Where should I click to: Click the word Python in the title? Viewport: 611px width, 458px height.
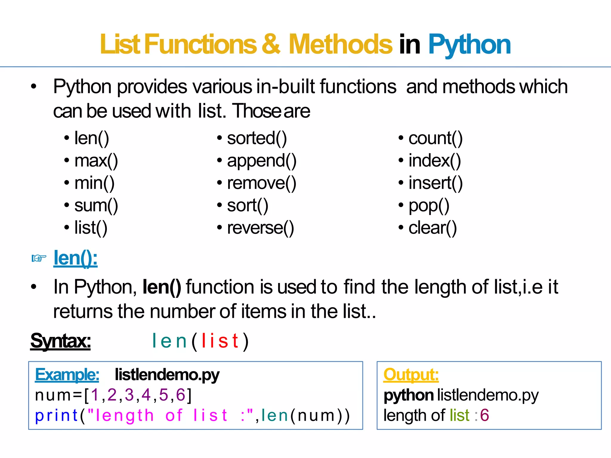coord(469,45)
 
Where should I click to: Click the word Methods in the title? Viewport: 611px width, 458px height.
coord(340,45)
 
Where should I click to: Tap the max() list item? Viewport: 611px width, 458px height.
coord(96,161)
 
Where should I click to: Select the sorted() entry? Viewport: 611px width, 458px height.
coord(257,138)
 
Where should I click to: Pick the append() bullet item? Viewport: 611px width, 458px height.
coord(262,161)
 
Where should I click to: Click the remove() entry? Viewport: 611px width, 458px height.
coord(262,183)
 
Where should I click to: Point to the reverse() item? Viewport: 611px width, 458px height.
coord(260,228)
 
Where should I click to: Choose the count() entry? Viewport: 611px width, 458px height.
coord(435,138)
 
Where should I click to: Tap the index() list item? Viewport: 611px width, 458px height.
coord(434,161)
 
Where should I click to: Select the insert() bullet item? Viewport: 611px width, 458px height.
coord(435,183)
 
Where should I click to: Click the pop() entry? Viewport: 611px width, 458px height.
coord(429,206)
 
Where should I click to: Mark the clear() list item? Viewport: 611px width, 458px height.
coord(432,228)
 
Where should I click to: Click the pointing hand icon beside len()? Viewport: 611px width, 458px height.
coord(39,258)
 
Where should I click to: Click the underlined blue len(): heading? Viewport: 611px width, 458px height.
coord(75,258)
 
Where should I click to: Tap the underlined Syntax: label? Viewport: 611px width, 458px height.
coord(61,341)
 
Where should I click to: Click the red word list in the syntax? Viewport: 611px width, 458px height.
coord(220,341)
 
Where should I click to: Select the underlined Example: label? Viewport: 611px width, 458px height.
coord(67,375)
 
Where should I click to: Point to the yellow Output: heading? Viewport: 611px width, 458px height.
coord(411,375)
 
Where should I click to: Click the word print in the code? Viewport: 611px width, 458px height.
coord(56,416)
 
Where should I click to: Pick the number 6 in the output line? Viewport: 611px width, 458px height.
coord(485,415)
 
